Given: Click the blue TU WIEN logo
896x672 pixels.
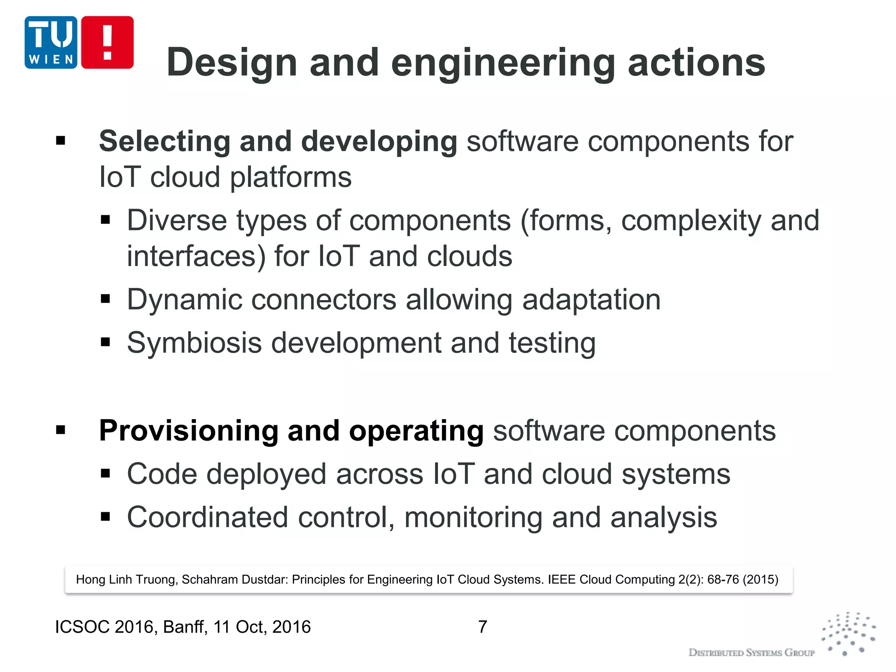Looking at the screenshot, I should (x=51, y=42).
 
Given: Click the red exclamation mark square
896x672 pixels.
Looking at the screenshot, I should (x=107, y=42).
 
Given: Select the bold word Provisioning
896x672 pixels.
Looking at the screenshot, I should (x=188, y=431).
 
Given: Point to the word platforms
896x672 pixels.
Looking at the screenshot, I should (x=290, y=178).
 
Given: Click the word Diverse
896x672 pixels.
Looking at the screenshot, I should (x=176, y=220).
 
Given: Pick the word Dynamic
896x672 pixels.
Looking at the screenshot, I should (x=184, y=300).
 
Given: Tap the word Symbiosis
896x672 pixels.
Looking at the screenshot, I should (x=194, y=343).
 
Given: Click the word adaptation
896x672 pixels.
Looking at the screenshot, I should (x=591, y=300).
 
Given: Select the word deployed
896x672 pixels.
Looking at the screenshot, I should (x=266, y=475).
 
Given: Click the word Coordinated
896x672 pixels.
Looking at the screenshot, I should (x=207, y=518).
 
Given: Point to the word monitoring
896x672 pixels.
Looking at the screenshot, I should (x=472, y=518).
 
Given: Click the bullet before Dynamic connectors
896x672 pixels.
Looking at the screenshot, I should (x=105, y=299).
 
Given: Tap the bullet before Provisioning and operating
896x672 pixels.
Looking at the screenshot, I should (x=60, y=430).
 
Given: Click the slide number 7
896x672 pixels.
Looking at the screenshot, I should (x=482, y=626).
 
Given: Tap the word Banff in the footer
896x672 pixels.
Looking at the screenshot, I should (x=184, y=627).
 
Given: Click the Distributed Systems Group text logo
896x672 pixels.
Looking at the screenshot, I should (x=751, y=652).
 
